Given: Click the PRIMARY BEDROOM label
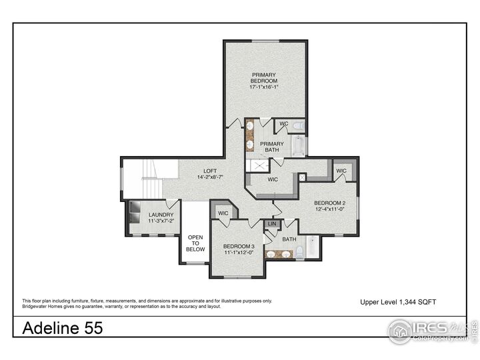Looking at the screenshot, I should tap(264, 77).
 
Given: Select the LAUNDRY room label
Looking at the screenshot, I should tap(161, 215).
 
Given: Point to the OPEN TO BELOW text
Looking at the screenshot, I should tap(195, 243).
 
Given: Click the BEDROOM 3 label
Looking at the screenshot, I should tap(239, 246).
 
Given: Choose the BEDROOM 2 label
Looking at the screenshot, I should tap(329, 203).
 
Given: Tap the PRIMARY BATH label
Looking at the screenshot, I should tap(271, 147).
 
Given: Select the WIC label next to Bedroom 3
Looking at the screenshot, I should tap(223, 213).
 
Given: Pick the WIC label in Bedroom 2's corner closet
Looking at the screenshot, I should tap(341, 171).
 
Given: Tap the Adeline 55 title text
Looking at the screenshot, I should tap(63, 327).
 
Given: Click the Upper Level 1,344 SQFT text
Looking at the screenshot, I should tap(398, 302).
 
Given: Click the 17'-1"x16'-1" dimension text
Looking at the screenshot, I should tap(264, 87).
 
